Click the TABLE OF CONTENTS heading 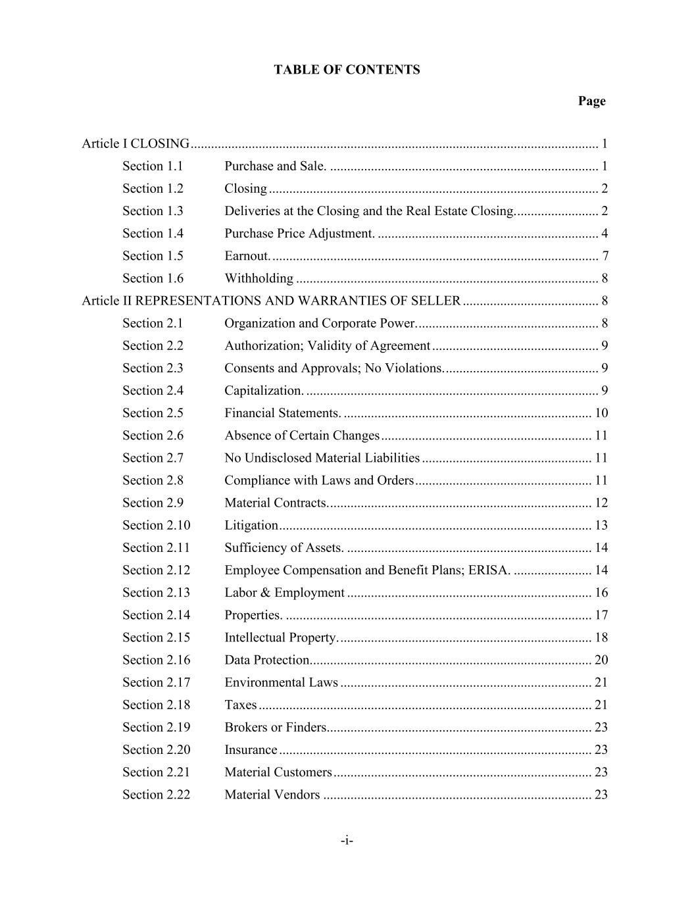347,70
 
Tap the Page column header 591,101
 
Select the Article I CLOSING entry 136,143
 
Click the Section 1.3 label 153,211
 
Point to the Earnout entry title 247,256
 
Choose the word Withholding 259,278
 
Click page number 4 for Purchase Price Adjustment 605,234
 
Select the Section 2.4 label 153,391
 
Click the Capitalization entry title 264,391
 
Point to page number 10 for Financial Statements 601,413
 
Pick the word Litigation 251,525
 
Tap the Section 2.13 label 156,593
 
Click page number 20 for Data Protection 601,660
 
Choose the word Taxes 240,705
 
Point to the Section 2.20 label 156,750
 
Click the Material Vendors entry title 272,795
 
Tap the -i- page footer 347,841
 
